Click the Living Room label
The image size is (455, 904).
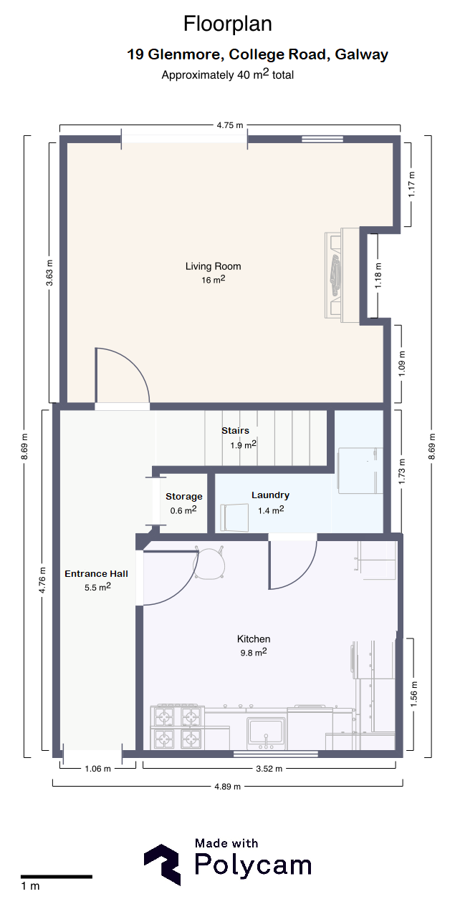(x=213, y=266)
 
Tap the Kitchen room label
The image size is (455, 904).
(x=254, y=639)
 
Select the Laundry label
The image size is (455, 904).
(x=270, y=495)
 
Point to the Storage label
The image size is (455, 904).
(x=184, y=497)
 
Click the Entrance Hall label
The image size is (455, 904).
(x=96, y=573)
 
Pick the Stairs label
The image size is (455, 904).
(x=235, y=431)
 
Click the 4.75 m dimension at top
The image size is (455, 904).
(x=230, y=125)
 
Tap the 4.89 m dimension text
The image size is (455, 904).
(x=228, y=786)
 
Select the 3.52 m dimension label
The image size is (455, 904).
(x=269, y=769)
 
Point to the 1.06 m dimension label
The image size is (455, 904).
(x=97, y=769)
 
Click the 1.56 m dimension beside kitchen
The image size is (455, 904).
(x=413, y=694)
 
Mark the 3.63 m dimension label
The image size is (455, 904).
(x=49, y=273)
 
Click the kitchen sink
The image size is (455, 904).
(x=266, y=733)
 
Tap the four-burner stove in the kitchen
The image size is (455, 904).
(x=177, y=727)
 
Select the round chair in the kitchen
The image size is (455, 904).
(x=209, y=562)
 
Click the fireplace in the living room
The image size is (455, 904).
(x=343, y=275)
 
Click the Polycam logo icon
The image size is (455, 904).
(x=163, y=864)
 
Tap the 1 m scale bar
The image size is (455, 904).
(x=57, y=877)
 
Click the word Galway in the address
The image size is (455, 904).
(x=361, y=54)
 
